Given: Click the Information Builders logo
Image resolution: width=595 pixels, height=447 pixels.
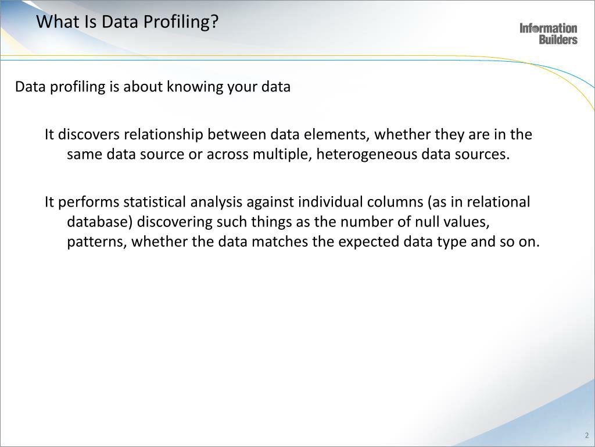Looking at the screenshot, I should (x=548, y=34).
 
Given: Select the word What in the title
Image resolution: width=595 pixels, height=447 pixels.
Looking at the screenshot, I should (x=53, y=22).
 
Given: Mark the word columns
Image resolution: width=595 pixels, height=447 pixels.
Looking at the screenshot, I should (x=395, y=202).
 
